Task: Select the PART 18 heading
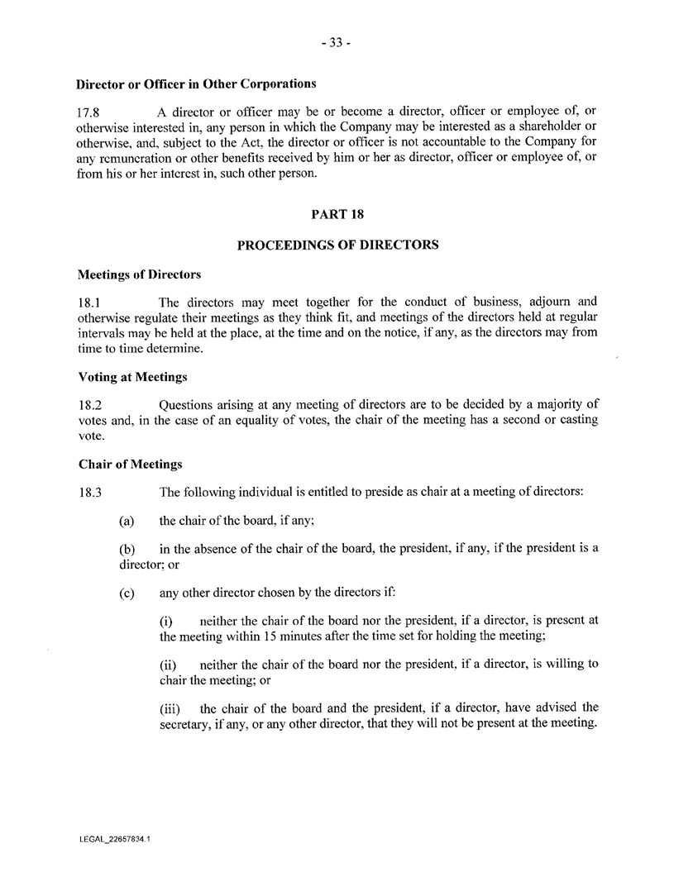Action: [337, 213]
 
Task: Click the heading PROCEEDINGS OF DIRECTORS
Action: [337, 245]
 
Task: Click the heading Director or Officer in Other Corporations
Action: [197, 83]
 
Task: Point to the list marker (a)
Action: [127, 522]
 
